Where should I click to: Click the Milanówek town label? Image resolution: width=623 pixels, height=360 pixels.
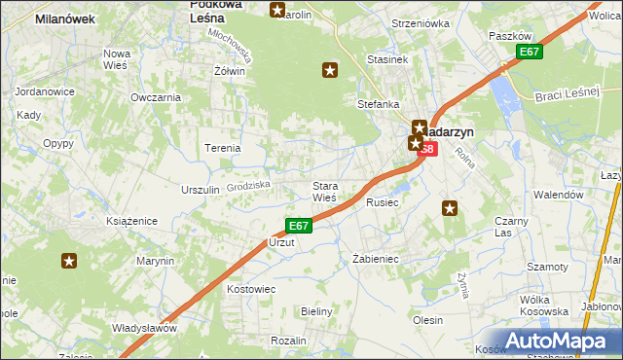click(63, 18)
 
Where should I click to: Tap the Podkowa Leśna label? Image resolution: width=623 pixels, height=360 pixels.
click(215, 11)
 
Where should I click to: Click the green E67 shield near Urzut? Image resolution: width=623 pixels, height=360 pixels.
click(299, 226)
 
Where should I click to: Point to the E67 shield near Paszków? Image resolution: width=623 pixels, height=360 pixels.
click(529, 52)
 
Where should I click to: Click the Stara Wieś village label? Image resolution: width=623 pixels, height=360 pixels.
click(324, 192)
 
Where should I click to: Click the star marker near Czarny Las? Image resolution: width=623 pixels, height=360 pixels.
click(450, 207)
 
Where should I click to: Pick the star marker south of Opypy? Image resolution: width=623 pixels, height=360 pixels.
click(69, 261)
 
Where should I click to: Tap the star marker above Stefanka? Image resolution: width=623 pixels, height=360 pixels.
click(330, 69)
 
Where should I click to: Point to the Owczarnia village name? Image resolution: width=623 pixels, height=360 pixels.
click(156, 97)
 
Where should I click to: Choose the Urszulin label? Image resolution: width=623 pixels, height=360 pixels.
click(200, 190)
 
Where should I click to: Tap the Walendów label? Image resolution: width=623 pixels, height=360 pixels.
click(558, 195)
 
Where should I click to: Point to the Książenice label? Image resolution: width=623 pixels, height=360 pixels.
click(132, 222)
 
